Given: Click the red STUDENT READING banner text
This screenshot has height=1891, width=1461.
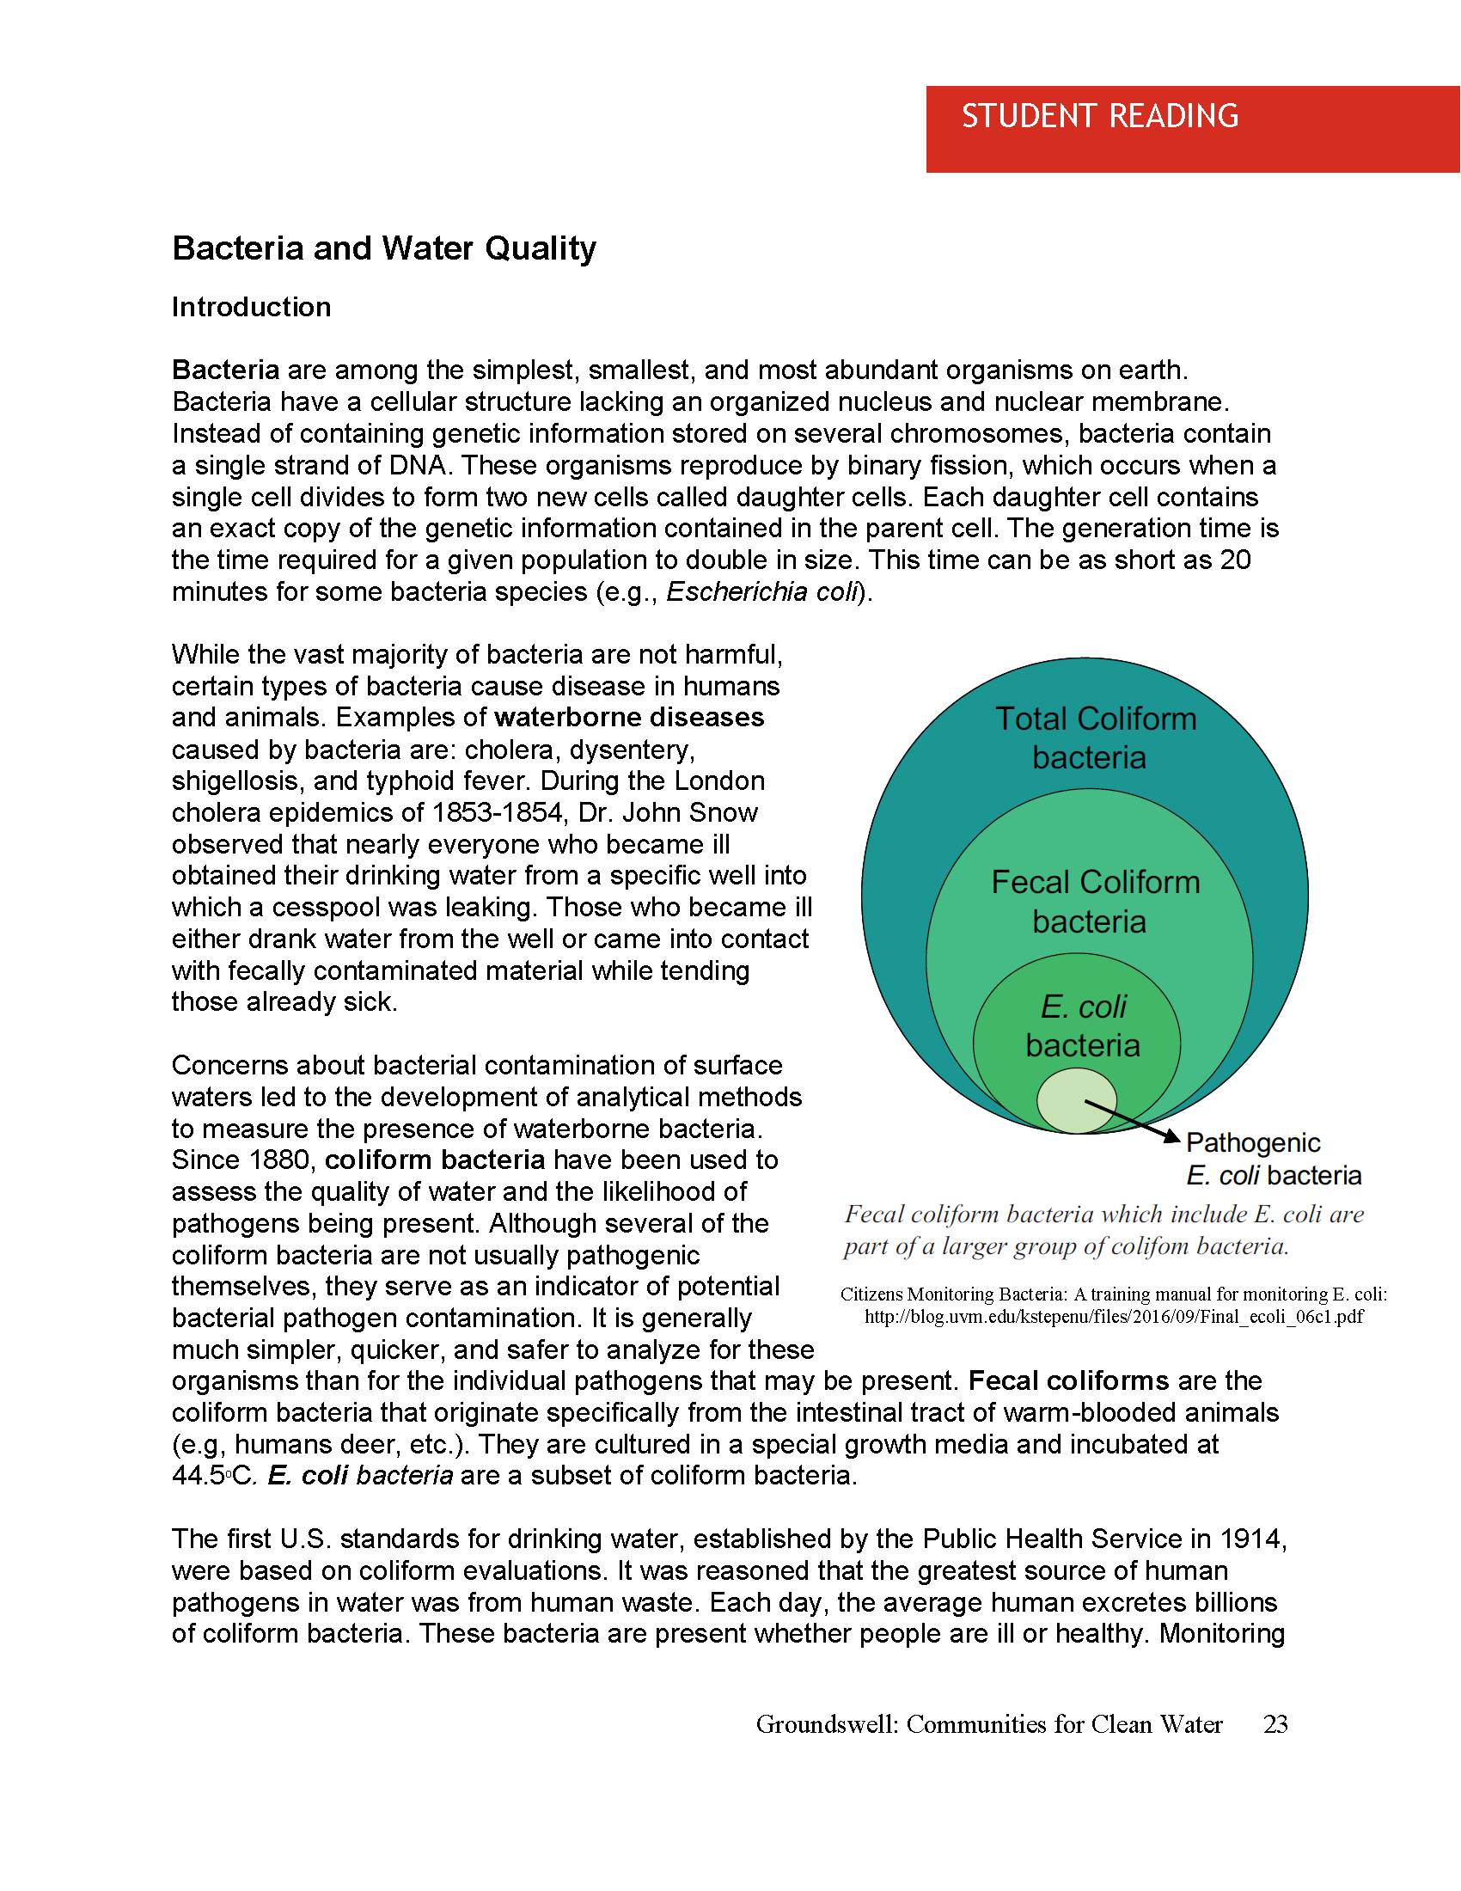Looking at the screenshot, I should coord(1099,116).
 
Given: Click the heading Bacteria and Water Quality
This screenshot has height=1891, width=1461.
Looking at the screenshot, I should coord(383,248).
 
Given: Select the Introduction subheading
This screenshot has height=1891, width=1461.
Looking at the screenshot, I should coord(251,308).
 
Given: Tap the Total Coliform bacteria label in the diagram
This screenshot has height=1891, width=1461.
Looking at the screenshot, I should coord(1094,737).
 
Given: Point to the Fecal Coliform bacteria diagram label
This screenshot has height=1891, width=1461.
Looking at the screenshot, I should coord(1094,902).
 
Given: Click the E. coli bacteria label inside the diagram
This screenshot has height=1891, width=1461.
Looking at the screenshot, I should coord(1082,1026).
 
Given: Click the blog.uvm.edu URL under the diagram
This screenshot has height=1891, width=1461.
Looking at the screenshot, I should coord(1114,1317).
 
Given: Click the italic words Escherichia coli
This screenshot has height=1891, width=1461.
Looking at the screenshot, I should coord(761,592).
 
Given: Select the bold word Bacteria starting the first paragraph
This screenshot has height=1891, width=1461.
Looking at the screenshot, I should coord(225,370).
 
